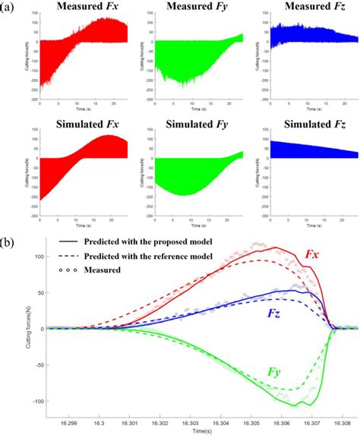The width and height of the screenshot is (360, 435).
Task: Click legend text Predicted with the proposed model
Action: [x=149, y=241]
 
